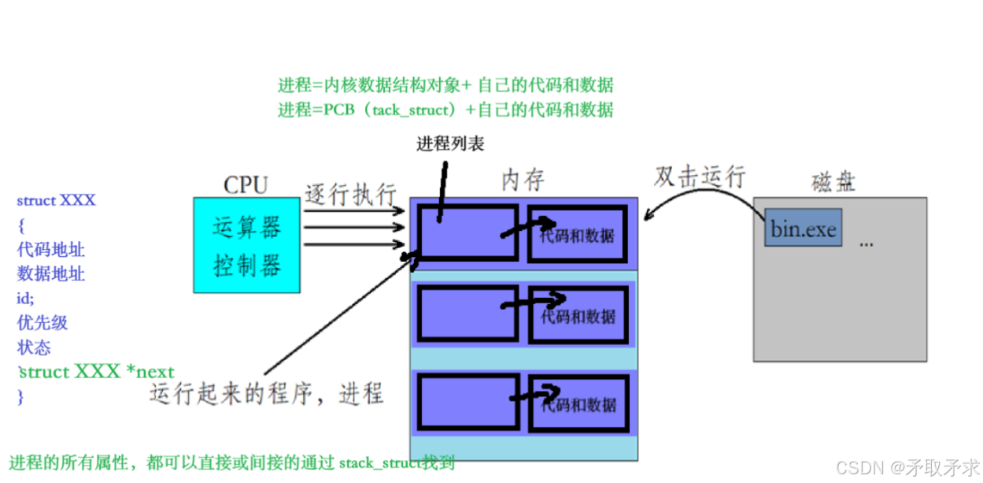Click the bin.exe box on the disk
point(803,228)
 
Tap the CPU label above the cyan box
point(246,185)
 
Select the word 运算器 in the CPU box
point(246,228)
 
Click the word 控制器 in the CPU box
point(246,266)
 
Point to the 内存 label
point(523,180)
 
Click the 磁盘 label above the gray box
point(833,183)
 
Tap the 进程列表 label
point(450,143)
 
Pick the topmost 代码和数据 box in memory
point(578,234)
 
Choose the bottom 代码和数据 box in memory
point(578,404)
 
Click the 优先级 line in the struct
point(42,322)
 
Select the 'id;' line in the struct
point(26,298)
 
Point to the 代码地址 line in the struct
point(51,250)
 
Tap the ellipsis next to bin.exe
point(867,243)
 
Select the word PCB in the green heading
point(340,110)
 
